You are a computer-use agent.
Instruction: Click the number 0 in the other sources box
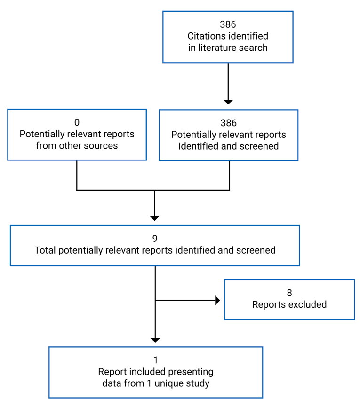click(x=77, y=123)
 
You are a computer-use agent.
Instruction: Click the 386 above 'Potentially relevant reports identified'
click(x=228, y=123)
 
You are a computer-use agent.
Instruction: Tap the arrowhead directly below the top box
click(x=228, y=101)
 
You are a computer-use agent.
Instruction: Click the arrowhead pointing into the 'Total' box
click(x=155, y=218)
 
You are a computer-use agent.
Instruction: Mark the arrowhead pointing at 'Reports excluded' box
click(x=217, y=300)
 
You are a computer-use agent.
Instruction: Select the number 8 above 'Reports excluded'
click(x=289, y=293)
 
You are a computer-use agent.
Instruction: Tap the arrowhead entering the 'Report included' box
click(x=155, y=340)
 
